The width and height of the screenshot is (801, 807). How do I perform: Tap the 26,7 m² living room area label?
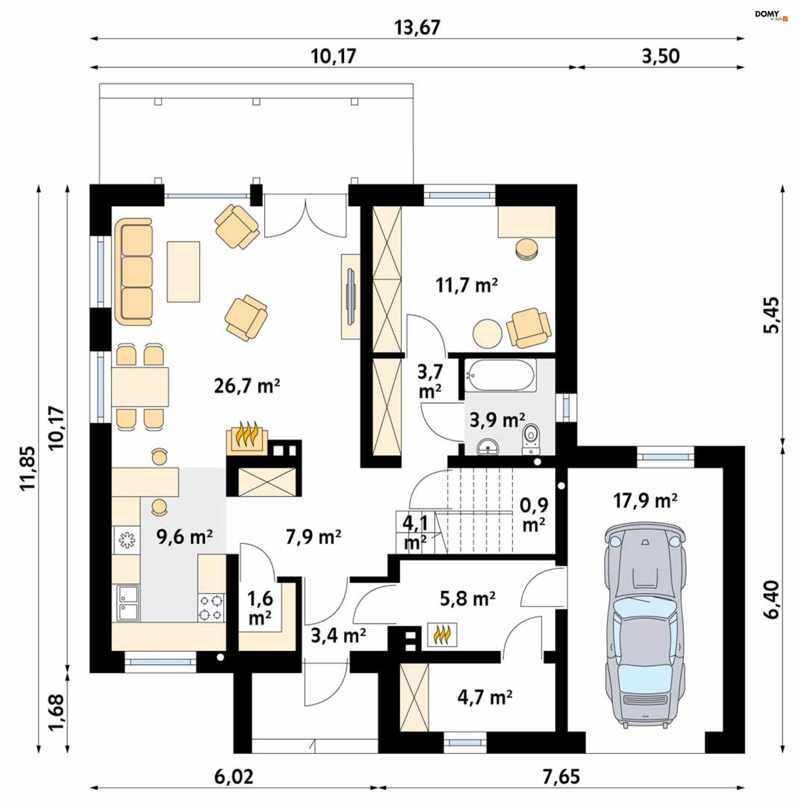coord(247,386)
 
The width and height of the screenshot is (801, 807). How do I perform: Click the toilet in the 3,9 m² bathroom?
coord(531,439)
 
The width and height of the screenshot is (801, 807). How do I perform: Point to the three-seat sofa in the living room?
coord(133,271)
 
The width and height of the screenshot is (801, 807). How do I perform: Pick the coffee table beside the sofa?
coord(183,271)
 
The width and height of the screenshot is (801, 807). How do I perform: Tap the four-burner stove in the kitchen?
coord(211,608)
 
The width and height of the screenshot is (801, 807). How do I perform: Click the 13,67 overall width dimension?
coord(417,28)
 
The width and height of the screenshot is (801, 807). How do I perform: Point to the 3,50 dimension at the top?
coord(661,56)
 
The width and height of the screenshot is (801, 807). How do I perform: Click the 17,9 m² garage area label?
coord(645,501)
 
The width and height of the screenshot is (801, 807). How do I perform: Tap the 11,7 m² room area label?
coord(467,286)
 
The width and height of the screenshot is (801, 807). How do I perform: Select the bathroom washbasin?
coord(488,447)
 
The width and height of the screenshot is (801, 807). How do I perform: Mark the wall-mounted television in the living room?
coord(351,296)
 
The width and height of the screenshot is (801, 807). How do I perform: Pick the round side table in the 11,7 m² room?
coord(488,334)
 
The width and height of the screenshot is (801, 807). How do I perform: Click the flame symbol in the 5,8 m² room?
coord(442,635)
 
